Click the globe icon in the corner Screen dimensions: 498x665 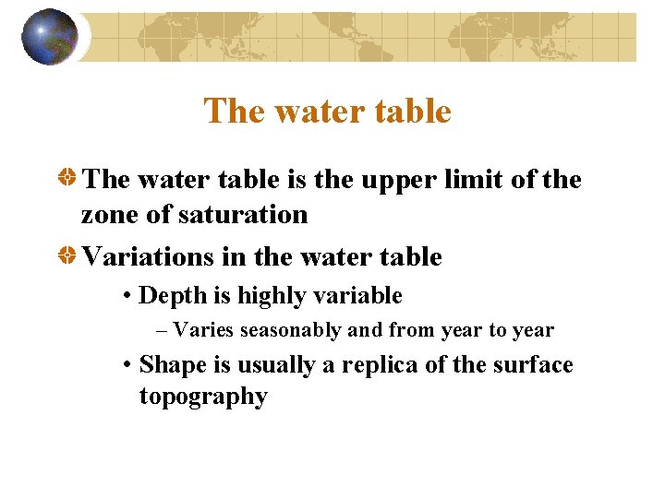coord(49,37)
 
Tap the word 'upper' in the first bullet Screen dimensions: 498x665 coord(389,179)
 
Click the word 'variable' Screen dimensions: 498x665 coord(361,296)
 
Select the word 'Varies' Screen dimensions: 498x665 coord(203,330)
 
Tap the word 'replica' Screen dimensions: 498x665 coord(375,365)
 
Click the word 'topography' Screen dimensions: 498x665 coord(203,397)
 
